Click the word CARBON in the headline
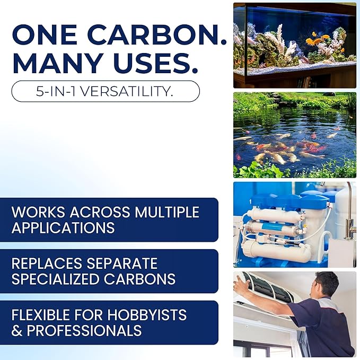point(157,35)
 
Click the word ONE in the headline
point(47,35)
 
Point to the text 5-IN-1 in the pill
point(55,91)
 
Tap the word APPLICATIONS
point(63,228)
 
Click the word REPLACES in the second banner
point(47,264)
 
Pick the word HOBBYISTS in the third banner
point(146,315)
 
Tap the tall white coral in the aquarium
point(279,37)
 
